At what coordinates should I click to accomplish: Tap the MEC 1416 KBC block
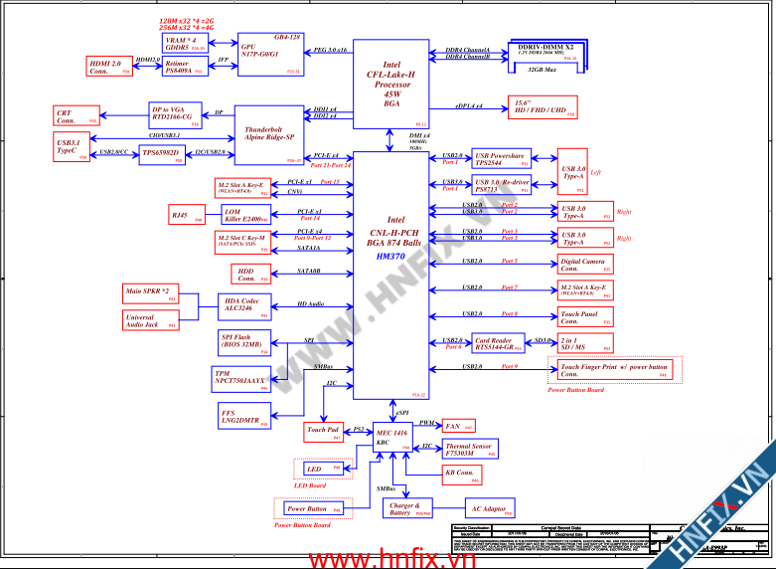393,437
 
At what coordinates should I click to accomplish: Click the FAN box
458,426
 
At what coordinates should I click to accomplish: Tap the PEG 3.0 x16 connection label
330,49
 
